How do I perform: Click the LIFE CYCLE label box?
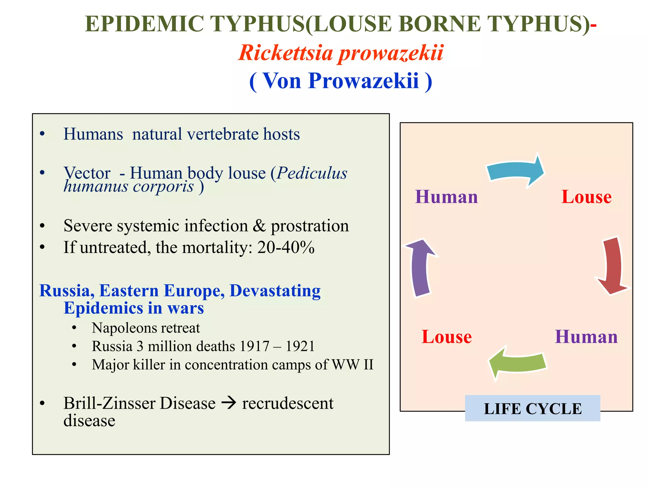[532, 409]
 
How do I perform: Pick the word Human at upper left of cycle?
[447, 197]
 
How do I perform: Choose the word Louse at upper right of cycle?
[586, 197]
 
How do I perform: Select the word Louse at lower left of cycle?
[447, 337]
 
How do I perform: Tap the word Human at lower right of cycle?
[586, 337]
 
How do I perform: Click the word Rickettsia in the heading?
[285, 53]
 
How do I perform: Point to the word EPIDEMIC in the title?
[144, 24]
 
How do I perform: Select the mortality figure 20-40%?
[286, 247]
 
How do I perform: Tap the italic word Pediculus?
[312, 173]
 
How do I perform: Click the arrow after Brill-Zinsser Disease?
[229, 403]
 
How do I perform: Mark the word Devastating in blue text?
[275, 291]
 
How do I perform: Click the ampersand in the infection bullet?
[259, 226]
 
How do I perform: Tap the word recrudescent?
[288, 403]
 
